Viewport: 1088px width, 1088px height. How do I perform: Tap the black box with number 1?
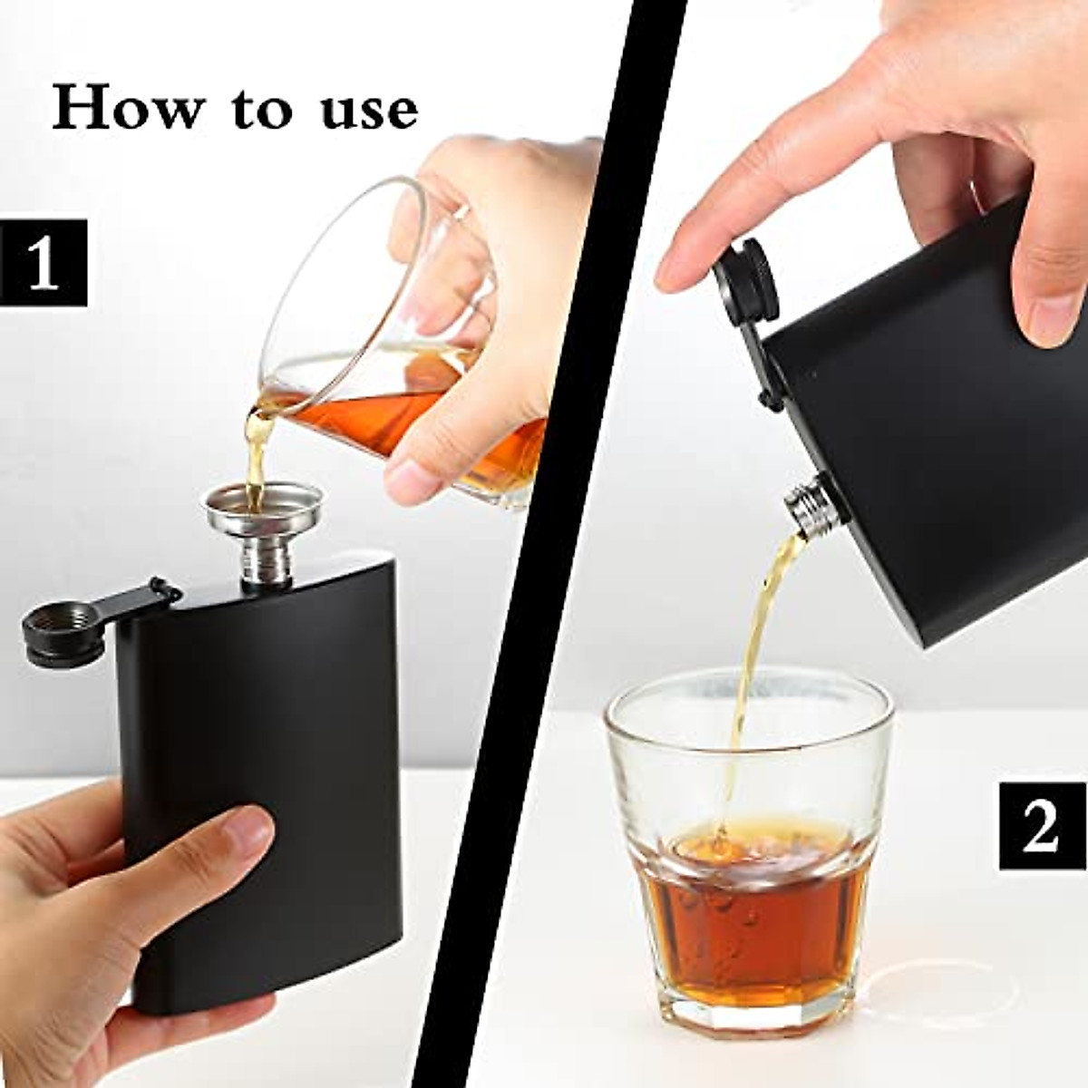click(x=44, y=261)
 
